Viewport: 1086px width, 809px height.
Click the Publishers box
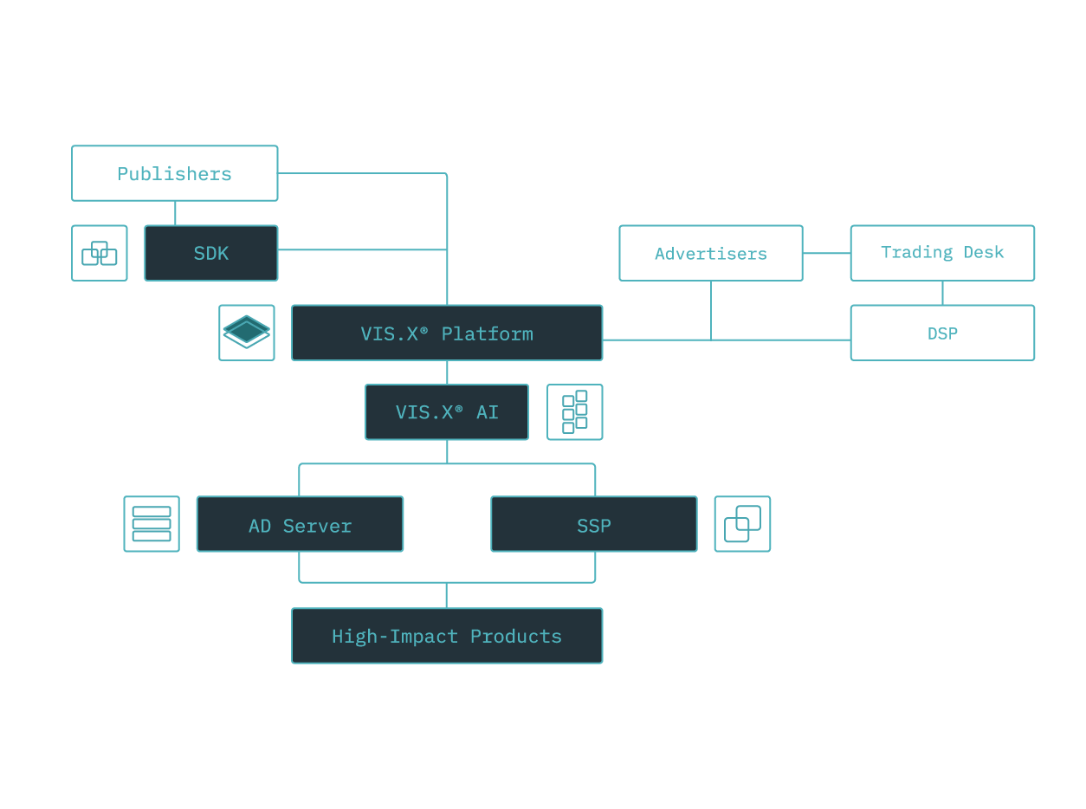coord(174,173)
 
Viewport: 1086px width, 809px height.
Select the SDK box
coord(211,253)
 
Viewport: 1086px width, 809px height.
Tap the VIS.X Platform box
coord(447,333)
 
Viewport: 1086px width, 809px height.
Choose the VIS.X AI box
coord(447,412)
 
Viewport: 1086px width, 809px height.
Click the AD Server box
coord(300,524)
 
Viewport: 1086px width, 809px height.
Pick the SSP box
coord(594,524)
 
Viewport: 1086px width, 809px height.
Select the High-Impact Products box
coord(447,636)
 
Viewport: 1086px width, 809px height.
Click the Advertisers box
coord(710,253)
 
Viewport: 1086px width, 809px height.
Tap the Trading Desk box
coord(942,253)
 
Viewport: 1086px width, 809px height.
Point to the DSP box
coord(942,333)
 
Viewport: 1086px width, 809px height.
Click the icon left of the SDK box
coord(100,253)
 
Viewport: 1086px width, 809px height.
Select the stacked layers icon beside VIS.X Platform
coord(247,333)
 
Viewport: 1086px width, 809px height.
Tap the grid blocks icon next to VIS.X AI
coord(575,412)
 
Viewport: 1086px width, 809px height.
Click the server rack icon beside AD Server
coord(152,524)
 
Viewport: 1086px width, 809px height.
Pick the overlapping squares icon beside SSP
coord(742,524)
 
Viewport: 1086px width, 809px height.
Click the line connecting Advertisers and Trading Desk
coord(826,253)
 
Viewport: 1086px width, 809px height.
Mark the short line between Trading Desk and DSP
coord(942,293)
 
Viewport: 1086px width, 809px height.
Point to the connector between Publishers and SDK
coord(175,213)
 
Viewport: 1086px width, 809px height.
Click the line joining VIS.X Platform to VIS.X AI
coord(447,372)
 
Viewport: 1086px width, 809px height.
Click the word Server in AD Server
coord(317,526)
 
